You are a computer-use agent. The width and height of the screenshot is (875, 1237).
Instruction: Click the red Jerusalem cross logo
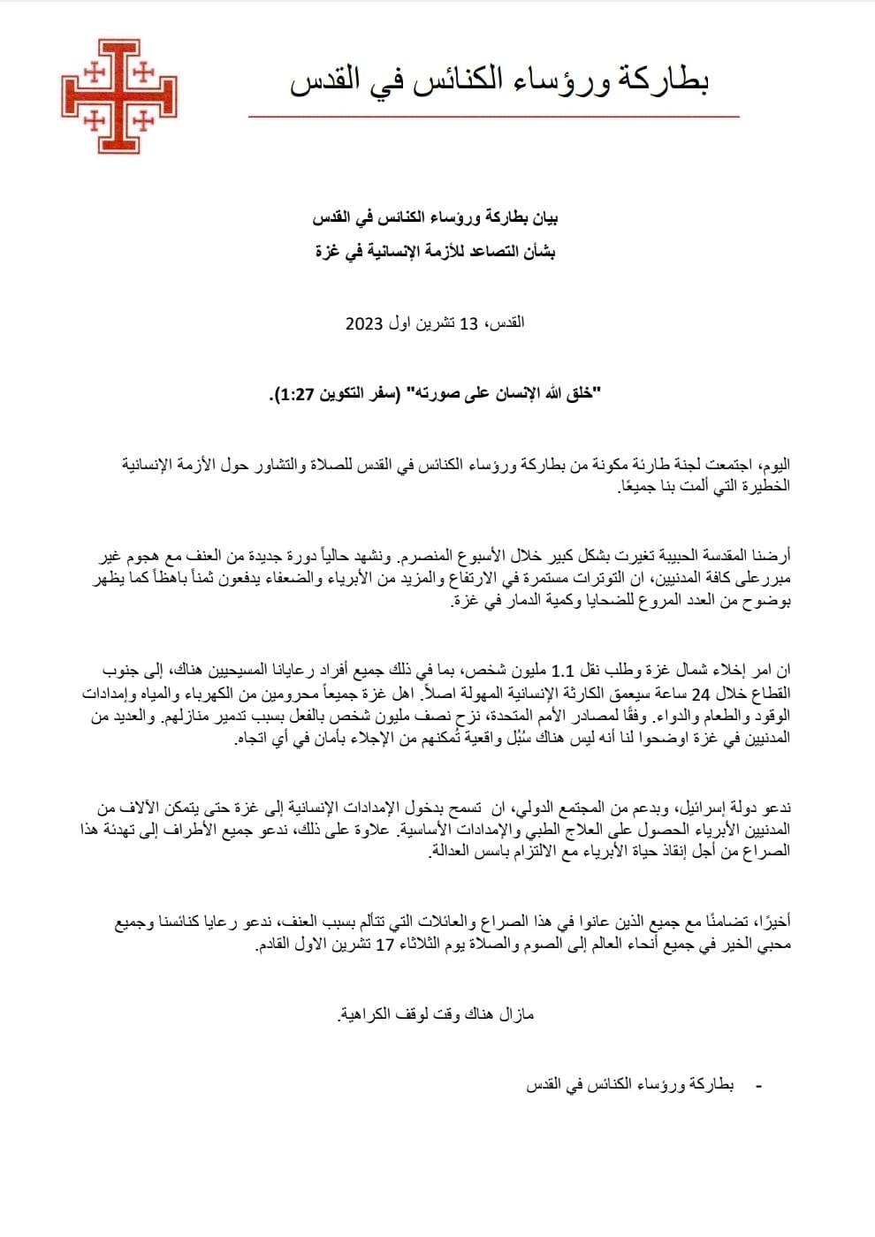click(x=118, y=95)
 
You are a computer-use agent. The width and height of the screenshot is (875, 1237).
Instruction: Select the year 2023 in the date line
click(x=363, y=323)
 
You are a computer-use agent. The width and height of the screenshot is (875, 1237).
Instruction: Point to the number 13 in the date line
click(x=468, y=323)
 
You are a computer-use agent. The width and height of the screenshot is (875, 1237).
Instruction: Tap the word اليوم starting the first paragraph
click(x=775, y=466)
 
